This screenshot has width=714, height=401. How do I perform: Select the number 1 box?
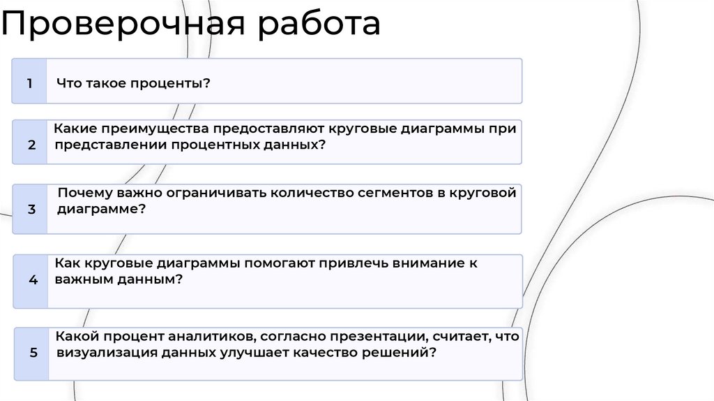(29, 82)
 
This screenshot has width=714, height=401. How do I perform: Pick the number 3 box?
(31, 208)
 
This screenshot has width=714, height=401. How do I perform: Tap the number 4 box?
(33, 280)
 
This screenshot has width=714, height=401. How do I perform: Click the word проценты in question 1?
(174, 83)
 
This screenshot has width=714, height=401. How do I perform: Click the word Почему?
(81, 193)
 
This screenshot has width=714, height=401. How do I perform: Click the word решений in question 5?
(400, 353)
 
